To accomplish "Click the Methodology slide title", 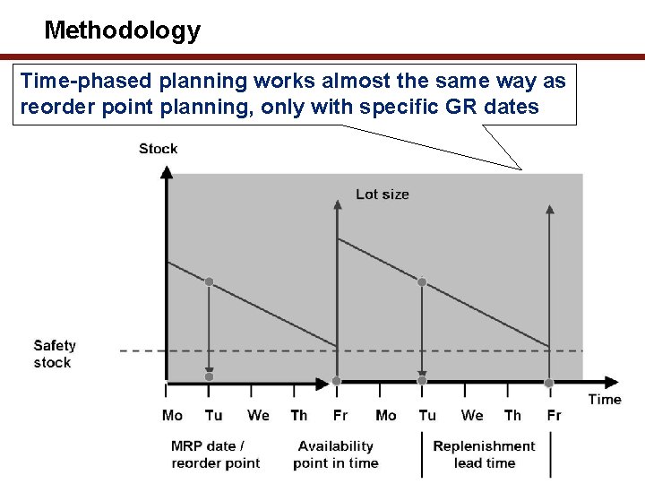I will tap(122, 30).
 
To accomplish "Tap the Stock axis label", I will tap(158, 149).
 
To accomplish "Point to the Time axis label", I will tap(604, 399).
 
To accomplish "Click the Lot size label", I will tap(383, 194).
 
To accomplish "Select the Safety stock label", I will tap(55, 354).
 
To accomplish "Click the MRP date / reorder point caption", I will tap(215, 454).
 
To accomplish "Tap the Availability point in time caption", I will tap(335, 454).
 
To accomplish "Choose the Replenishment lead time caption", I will tap(484, 454).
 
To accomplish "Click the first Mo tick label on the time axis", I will tap(172, 415).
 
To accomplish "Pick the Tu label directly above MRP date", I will tap(213, 415).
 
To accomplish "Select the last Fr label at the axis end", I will tap(554, 415).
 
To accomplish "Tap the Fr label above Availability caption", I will tap(340, 415).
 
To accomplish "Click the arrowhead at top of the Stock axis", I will tap(166, 172).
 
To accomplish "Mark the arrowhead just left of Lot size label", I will tap(337, 206).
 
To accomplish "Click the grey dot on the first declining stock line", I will tap(209, 281).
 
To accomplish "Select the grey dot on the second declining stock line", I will tap(422, 281).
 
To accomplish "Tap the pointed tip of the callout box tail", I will tap(522, 169).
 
